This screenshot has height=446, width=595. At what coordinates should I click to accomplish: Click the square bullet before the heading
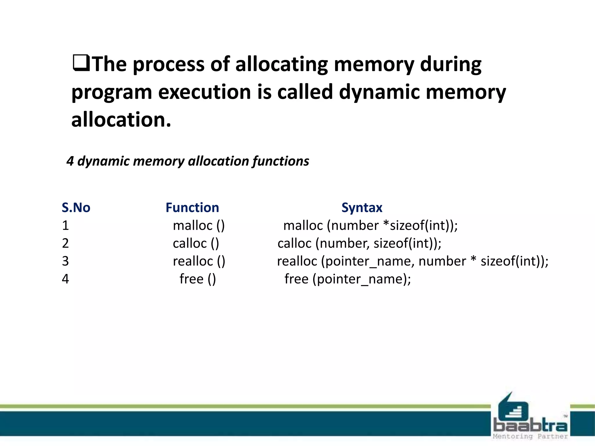point(81,63)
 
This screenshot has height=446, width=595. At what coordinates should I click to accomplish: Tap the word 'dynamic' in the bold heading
point(379,92)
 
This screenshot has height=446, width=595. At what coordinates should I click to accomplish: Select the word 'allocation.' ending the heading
point(121,120)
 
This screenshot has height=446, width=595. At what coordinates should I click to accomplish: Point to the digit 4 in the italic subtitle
point(70,161)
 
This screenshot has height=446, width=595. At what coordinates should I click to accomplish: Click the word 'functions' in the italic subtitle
point(281,161)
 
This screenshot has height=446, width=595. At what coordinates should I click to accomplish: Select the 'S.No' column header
point(76,208)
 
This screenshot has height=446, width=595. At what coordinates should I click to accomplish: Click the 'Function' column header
point(192,208)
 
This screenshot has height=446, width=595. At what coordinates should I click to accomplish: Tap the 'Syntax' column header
point(362,208)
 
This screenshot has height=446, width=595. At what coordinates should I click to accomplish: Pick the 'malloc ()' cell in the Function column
point(199,226)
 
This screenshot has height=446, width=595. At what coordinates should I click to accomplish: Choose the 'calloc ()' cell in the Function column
point(196,243)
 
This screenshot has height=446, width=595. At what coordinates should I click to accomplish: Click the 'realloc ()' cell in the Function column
point(199,261)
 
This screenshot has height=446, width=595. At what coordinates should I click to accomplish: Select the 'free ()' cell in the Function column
point(198,279)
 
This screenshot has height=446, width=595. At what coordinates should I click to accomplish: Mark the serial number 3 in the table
point(65,261)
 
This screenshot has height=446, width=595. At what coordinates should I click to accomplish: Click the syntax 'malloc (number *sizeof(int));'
point(370,226)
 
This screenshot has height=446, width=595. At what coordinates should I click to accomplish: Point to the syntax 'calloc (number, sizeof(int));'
point(359,243)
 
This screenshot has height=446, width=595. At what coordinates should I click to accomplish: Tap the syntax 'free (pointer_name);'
point(347,279)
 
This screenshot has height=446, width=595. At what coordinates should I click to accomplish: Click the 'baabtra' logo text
point(530,426)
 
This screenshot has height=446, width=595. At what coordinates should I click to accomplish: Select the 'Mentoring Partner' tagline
point(530,436)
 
